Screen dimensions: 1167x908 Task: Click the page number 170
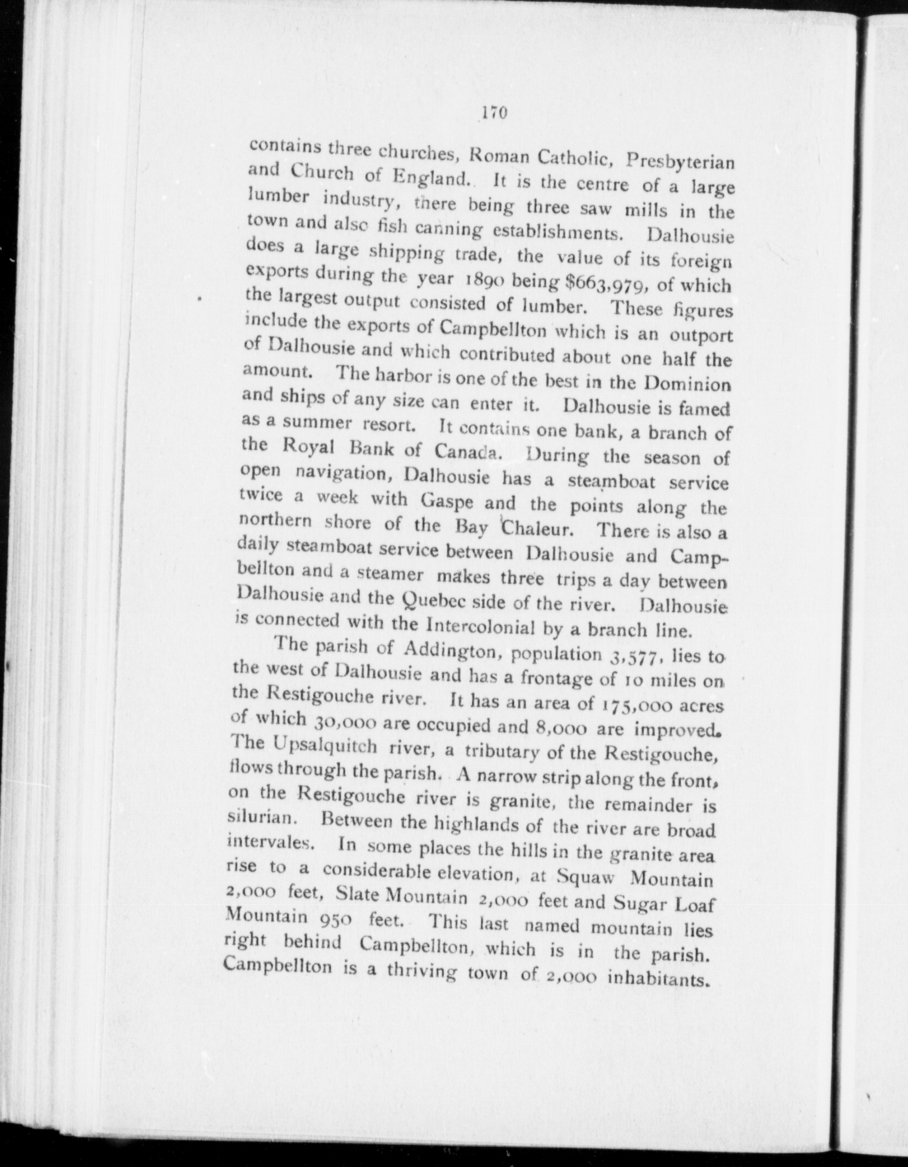[495, 112]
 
